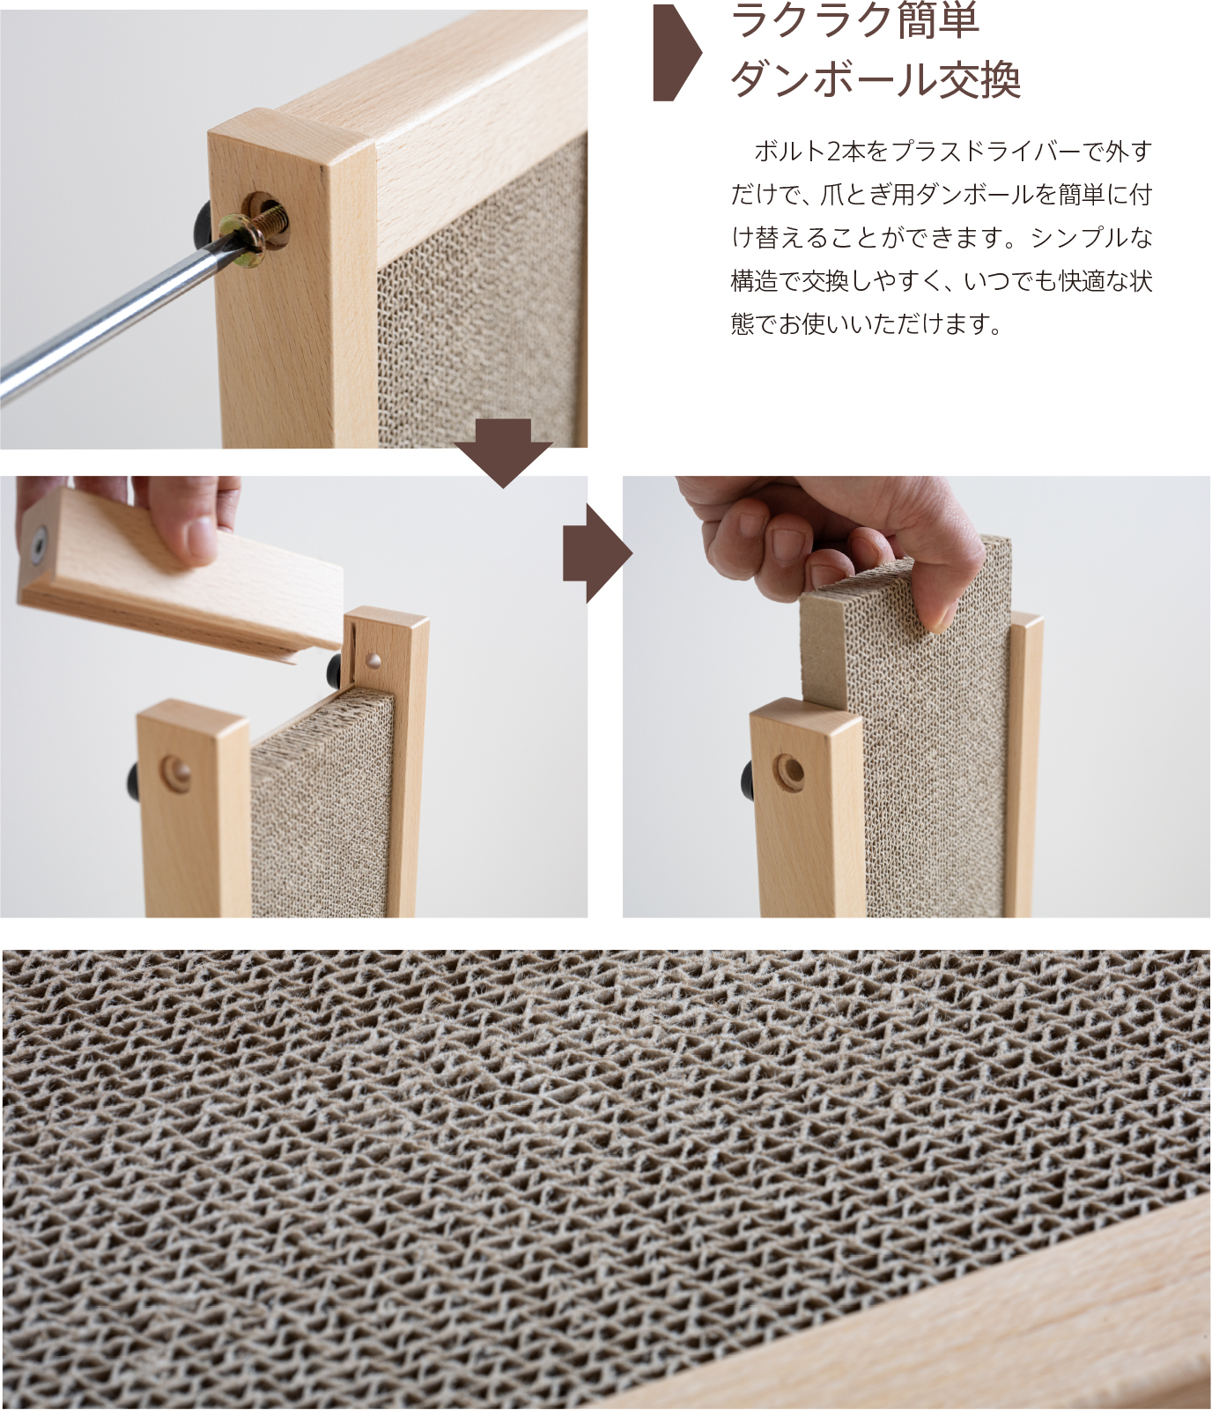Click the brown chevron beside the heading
[x=676, y=53]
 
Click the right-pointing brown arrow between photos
[x=597, y=553]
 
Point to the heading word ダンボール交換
[x=876, y=79]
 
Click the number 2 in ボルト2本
[x=833, y=152]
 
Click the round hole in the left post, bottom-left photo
[x=177, y=774]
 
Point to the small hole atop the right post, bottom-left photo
[x=373, y=659]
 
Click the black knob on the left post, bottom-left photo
[x=134, y=781]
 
